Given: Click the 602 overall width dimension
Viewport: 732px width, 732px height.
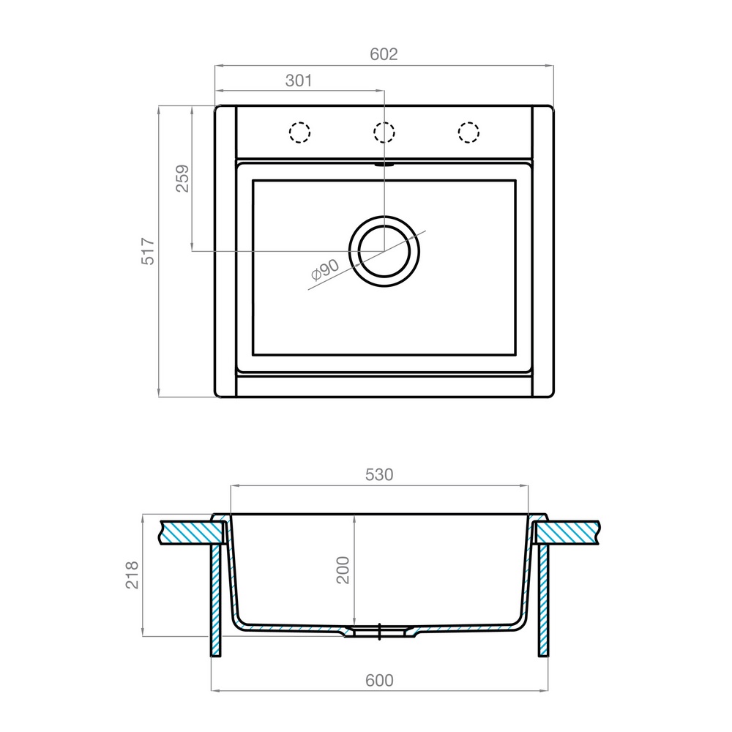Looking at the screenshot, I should click(x=383, y=55).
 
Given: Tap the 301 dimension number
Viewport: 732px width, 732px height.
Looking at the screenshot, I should click(x=299, y=81).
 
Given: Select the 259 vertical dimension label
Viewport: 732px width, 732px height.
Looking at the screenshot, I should click(x=182, y=178).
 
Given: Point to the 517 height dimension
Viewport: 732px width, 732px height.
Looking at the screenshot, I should click(x=149, y=251).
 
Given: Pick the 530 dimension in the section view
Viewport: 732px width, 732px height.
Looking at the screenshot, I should click(x=379, y=474).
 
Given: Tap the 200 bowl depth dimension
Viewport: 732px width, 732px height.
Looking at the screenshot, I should click(x=343, y=569).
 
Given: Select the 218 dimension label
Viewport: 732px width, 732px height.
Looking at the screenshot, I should click(x=132, y=576).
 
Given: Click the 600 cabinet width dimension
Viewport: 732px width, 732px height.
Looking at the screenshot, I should click(x=379, y=680).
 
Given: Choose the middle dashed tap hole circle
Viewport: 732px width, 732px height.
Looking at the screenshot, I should click(x=384, y=132).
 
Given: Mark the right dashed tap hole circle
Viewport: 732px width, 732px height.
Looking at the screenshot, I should click(x=468, y=132).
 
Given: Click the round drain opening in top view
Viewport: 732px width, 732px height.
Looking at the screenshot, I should click(x=384, y=251).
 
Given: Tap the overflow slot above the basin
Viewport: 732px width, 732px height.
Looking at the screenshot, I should click(x=384, y=165).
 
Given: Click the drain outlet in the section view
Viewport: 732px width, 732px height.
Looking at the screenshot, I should click(x=380, y=632).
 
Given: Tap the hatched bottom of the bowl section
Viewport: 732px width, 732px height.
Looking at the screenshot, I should click(x=293, y=629).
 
